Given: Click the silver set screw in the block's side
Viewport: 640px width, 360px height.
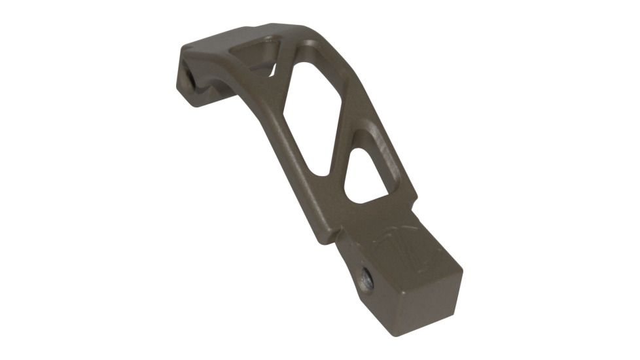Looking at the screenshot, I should [367, 281].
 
